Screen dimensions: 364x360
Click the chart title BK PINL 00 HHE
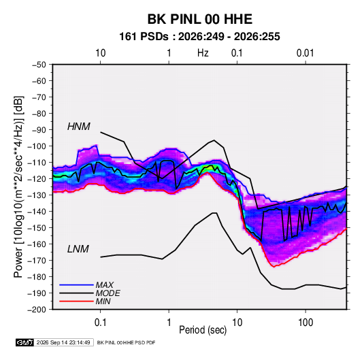tap(199, 19)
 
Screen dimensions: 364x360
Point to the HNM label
tap(79, 127)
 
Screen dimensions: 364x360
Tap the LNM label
tap(78, 249)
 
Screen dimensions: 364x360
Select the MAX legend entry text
tap(105, 285)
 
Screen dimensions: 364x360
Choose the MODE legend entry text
tap(107, 293)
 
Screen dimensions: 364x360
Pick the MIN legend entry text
tap(103, 301)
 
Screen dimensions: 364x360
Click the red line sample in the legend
tap(76, 301)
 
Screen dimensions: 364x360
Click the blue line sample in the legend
tap(76, 285)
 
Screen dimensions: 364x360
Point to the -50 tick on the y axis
tap(39, 65)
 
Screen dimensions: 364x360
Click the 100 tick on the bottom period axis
tap(305, 323)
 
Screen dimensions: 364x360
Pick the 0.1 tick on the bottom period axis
tap(100, 323)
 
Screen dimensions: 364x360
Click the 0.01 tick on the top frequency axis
tap(305, 53)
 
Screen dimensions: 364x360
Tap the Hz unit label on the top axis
tap(203, 53)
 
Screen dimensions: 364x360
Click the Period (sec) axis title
tap(203, 330)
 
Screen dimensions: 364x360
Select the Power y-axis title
tap(18, 186)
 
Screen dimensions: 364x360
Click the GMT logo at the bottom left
tap(24, 342)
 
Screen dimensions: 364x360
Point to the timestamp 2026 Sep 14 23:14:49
tap(63, 342)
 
